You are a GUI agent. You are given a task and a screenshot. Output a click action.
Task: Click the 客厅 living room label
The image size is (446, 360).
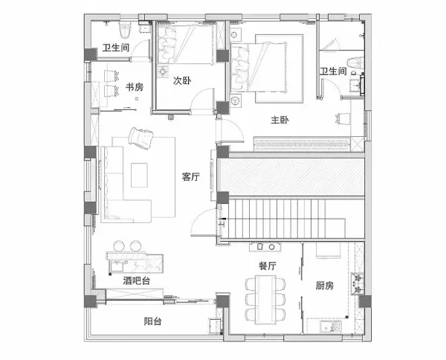(x=190, y=177)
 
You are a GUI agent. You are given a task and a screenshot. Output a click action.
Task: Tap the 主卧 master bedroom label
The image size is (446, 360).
(x=279, y=120)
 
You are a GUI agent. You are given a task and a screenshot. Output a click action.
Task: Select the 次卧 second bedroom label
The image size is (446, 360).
(x=182, y=81)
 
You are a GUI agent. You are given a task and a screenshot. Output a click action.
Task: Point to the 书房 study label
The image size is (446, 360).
(x=135, y=87)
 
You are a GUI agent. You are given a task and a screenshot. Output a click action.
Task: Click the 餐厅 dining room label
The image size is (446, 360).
(x=268, y=266)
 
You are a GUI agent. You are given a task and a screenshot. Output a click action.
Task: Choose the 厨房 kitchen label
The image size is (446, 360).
(x=325, y=285)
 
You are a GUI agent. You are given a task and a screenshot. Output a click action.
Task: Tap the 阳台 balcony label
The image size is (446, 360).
(x=152, y=321)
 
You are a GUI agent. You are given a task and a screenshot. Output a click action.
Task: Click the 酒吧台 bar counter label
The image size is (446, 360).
(x=137, y=281)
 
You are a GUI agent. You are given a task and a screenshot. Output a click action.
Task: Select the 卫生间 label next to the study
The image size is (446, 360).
(x=116, y=48)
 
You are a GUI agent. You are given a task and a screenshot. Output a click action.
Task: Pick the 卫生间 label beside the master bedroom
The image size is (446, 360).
(x=333, y=71)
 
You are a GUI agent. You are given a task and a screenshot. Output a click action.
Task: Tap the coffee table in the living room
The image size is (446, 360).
(x=139, y=175)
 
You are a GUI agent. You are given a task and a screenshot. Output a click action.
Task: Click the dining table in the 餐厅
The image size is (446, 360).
(x=265, y=300)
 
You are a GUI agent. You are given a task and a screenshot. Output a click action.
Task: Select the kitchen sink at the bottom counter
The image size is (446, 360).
(x=331, y=326)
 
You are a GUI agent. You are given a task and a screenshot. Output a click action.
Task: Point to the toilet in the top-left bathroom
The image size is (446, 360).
(x=125, y=30)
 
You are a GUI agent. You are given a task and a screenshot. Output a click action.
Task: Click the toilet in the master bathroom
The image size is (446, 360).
(x=356, y=63)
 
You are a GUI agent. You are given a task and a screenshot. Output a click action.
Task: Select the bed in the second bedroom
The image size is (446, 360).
(x=186, y=44)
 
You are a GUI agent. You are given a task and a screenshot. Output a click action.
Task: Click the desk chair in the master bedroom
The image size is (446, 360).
(x=343, y=118)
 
